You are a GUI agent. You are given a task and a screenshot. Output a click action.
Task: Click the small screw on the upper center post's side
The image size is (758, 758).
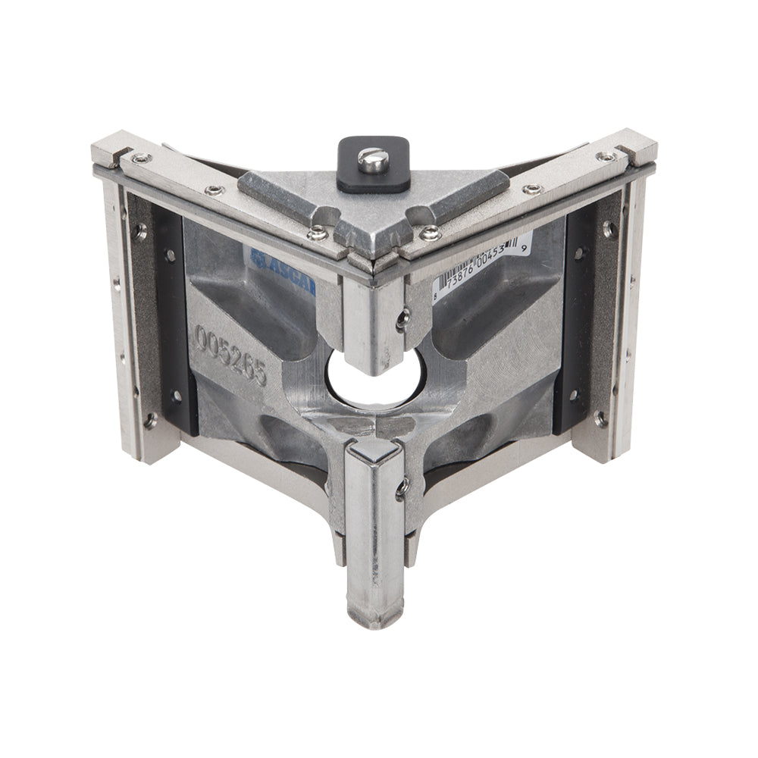point(402,319)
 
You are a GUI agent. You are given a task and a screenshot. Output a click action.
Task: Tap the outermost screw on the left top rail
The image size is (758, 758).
point(139,158)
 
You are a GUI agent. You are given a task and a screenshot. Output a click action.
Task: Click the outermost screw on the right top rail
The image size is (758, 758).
point(606,157)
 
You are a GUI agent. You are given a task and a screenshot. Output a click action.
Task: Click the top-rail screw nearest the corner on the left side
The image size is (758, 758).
point(318,233)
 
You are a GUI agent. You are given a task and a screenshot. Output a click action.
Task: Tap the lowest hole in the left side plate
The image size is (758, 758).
point(150,418)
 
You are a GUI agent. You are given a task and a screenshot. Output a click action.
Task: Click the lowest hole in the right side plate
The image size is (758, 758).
point(601,417)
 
